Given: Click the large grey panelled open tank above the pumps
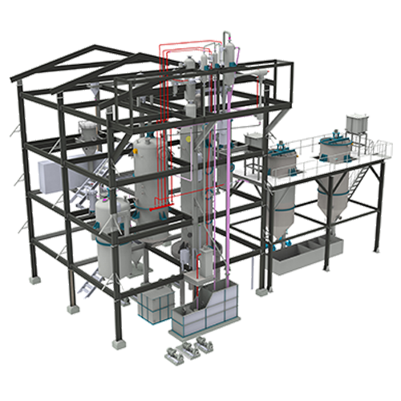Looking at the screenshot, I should [x=210, y=309].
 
